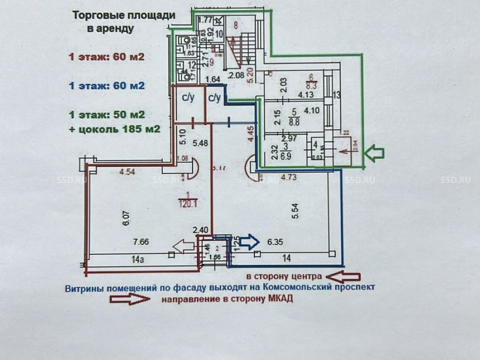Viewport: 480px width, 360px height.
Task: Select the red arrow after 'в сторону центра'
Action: tap(343, 276)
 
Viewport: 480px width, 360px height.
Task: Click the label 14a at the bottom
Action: tap(138, 260)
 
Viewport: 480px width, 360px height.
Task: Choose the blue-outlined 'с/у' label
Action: tap(214, 98)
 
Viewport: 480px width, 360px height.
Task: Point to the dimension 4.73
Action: tap(288, 178)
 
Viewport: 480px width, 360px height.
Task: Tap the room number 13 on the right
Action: tap(336, 95)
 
